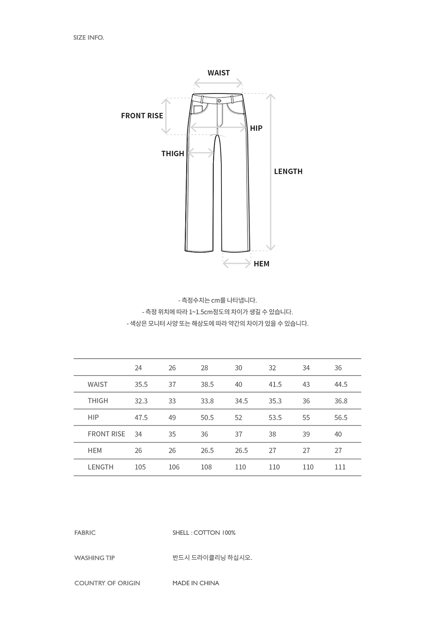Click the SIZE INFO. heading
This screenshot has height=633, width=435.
pos(89,37)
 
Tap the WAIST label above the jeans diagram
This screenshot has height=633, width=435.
pos(218,73)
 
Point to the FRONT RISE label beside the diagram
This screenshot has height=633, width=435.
pos(142,116)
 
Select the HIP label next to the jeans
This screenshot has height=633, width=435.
pos(256,128)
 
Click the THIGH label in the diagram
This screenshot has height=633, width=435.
pos(173,153)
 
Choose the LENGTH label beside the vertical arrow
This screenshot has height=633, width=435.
pos(288,171)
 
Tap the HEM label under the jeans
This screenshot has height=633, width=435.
pos(261,264)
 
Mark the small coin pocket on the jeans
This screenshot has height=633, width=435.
pos(198,110)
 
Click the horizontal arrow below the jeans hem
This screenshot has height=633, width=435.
pos(237,263)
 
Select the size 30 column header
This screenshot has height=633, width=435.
pos(238,368)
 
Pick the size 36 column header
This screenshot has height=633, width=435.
pos(338,368)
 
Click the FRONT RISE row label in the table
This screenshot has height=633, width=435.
pos(106,434)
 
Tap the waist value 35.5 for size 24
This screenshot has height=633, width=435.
pos(141,384)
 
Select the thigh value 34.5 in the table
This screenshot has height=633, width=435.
pos(241,401)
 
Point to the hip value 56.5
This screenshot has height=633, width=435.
pos(341,417)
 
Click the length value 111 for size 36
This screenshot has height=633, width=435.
pos(340,467)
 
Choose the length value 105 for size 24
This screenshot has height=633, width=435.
pos(140,467)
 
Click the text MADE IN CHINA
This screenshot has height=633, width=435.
pos(196,583)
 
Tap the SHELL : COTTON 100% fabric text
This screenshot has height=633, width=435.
pos(204,533)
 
